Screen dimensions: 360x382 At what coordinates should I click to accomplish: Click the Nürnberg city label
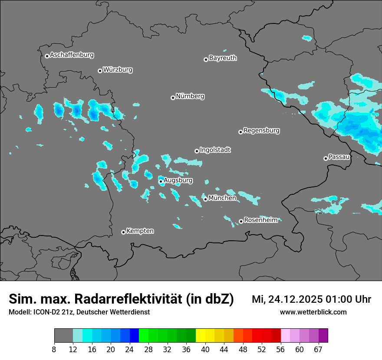pyautogui.click(x=190, y=96)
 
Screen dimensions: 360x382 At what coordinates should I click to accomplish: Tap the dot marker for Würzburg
pyautogui.click(x=100, y=71)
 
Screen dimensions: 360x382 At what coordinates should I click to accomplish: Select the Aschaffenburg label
pyautogui.click(x=72, y=55)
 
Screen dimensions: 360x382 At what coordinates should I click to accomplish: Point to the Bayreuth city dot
pyautogui.click(x=206, y=59)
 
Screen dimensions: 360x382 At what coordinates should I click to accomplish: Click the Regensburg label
pyautogui.click(x=261, y=131)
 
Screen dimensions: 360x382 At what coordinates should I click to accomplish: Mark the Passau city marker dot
pyautogui.click(x=326, y=158)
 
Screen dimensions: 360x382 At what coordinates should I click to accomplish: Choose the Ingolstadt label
pyautogui.click(x=215, y=150)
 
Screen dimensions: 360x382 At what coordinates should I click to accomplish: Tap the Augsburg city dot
pyautogui.click(x=161, y=181)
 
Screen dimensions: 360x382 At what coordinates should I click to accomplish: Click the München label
pyautogui.click(x=222, y=198)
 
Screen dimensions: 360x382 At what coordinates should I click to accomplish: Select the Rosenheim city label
pyautogui.click(x=260, y=220)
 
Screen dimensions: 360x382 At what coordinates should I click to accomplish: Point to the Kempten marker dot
pyautogui.click(x=123, y=232)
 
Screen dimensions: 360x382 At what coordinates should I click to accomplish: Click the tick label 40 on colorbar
pyautogui.click(x=205, y=350)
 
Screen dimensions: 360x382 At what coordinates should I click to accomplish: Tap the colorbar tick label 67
pyautogui.click(x=318, y=350)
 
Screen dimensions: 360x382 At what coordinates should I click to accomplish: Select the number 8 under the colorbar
pyautogui.click(x=54, y=350)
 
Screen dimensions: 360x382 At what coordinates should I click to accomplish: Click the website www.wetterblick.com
pyautogui.click(x=313, y=312)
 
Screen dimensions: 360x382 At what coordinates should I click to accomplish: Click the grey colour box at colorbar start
pyautogui.click(x=63, y=336)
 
